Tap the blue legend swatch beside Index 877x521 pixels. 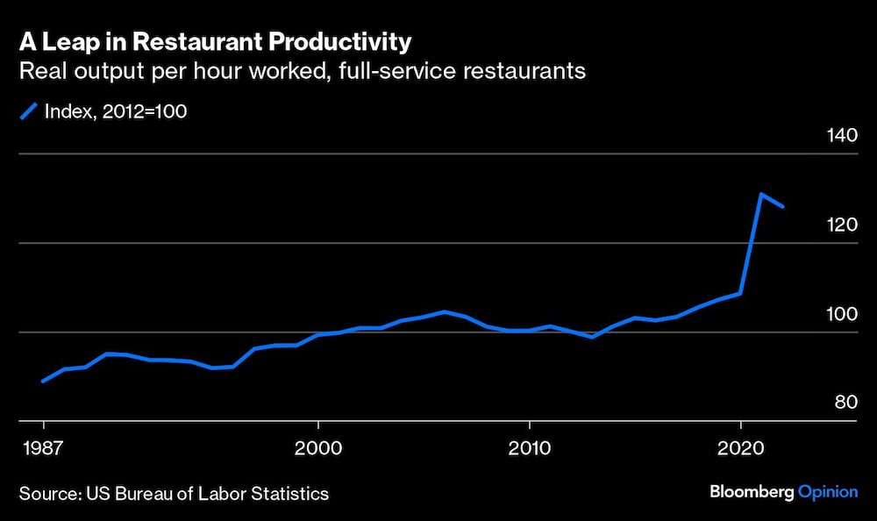coord(29,111)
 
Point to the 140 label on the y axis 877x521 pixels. coord(839,136)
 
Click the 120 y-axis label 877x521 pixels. coord(839,225)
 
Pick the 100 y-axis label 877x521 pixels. coord(839,315)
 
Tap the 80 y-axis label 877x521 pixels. coord(845,403)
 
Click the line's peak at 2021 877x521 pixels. coord(761,194)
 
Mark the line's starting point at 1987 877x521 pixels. coord(43,382)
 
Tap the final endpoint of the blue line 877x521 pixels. coord(783,207)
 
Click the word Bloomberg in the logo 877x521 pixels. coord(751,492)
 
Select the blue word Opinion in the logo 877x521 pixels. coord(828,492)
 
